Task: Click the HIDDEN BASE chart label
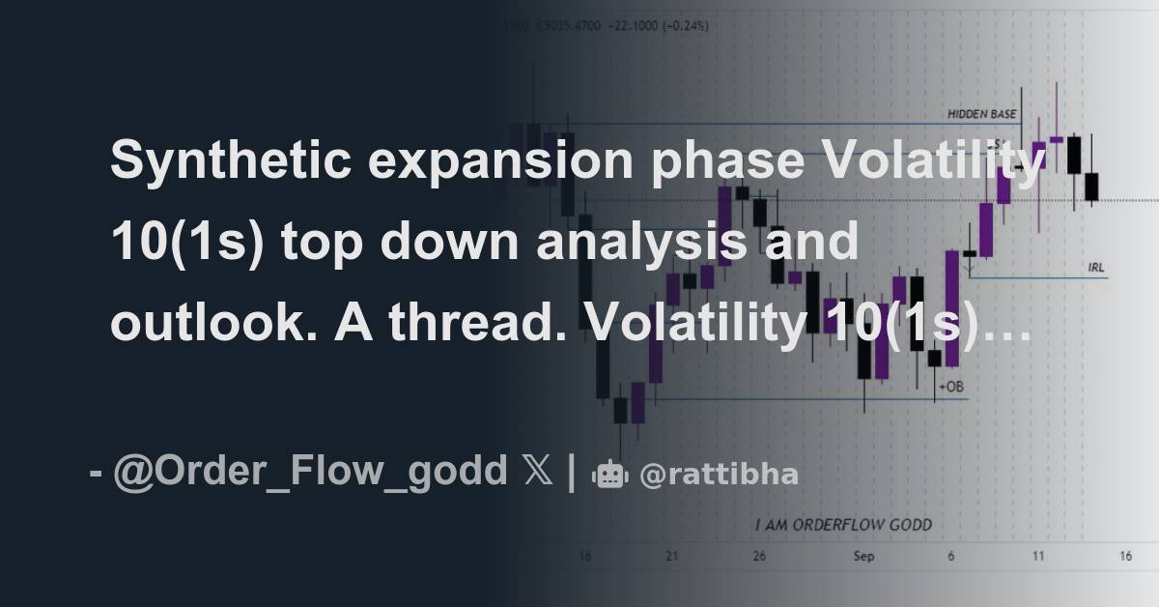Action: click(981, 114)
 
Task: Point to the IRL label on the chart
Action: click(1095, 267)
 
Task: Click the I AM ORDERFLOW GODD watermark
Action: click(842, 525)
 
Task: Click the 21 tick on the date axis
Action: click(672, 557)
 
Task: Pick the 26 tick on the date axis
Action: click(760, 557)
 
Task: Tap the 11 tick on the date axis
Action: click(1038, 557)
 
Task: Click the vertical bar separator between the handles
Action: click(571, 473)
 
